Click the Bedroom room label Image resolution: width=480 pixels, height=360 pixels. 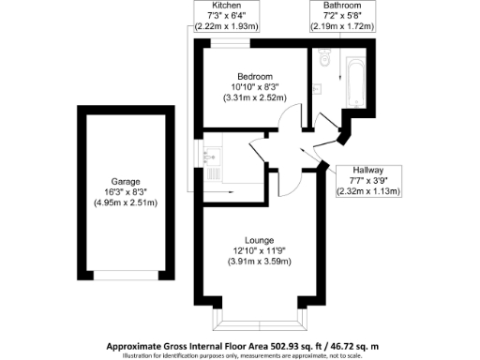tap(255, 76)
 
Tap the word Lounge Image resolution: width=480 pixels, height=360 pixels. tap(258, 239)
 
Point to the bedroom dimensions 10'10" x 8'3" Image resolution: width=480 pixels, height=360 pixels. tap(255, 86)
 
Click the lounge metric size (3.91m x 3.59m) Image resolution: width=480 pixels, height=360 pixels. tap(258, 261)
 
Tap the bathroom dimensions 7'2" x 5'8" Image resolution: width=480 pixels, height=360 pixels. tap(337, 17)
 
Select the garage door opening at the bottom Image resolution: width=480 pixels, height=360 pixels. tap(123, 277)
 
